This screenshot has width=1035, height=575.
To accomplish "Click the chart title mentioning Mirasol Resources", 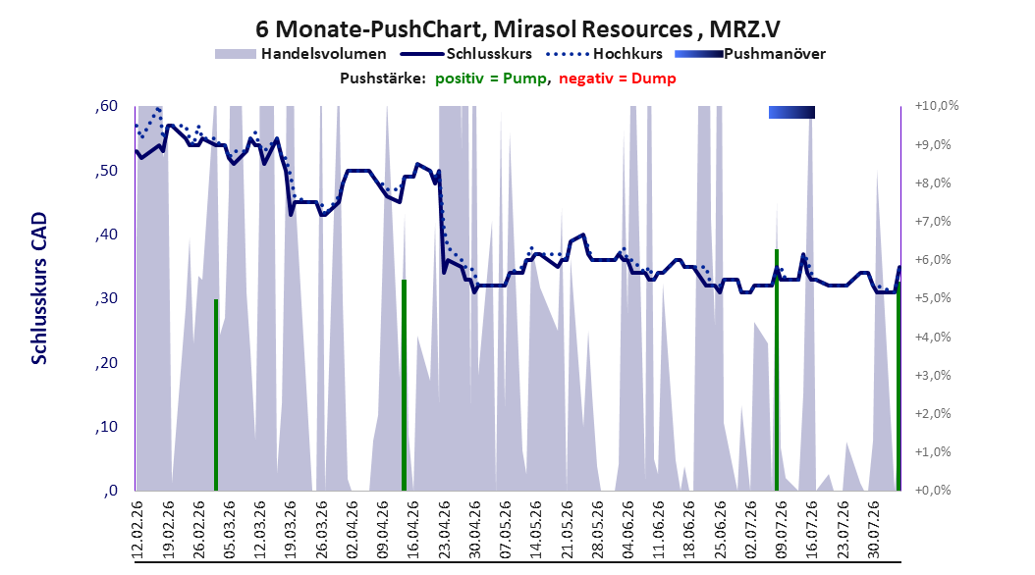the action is coord(517,29).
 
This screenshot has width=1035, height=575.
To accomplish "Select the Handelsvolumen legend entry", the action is coord(301,54).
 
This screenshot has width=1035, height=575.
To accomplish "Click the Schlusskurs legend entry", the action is coord(466,54).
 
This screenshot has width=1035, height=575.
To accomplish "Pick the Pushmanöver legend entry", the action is coord(750,54).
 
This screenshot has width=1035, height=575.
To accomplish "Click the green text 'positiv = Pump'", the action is coord(490,78).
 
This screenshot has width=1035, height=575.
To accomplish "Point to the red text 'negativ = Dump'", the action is coord(618,78).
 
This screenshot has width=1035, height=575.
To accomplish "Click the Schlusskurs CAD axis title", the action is coord(39,287).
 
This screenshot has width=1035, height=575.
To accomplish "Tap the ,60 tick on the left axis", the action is coord(106,106).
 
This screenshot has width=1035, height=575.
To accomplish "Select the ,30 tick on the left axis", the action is coord(106,298).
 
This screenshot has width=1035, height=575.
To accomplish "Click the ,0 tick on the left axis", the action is coord(111,491).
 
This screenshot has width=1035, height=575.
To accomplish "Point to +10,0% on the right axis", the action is coord(936,106).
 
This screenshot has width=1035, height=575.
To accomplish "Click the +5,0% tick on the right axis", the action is coord(933,298).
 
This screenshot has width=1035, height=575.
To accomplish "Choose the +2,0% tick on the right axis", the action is coord(933,413).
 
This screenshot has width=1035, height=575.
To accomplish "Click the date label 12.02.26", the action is coord(137,529).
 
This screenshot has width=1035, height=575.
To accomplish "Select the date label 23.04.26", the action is coord(444,529).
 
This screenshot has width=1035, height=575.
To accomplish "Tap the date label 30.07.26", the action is coord(873,529).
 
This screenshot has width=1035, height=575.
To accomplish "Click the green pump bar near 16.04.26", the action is coord(404,385).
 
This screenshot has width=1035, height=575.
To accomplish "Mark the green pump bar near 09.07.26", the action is coord(777,370).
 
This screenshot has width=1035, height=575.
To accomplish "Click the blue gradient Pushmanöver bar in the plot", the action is coord(792,112).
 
